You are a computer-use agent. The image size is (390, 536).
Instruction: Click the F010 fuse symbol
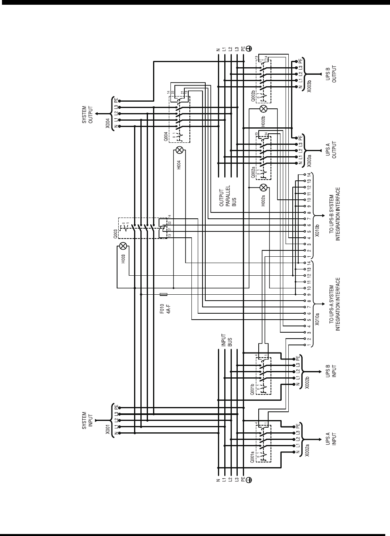pyautogui.click(x=163, y=295)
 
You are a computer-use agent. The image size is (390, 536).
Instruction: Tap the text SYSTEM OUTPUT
pyautogui.click(x=87, y=114)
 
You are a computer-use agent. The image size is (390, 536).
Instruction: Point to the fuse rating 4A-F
pyautogui.click(x=168, y=307)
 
